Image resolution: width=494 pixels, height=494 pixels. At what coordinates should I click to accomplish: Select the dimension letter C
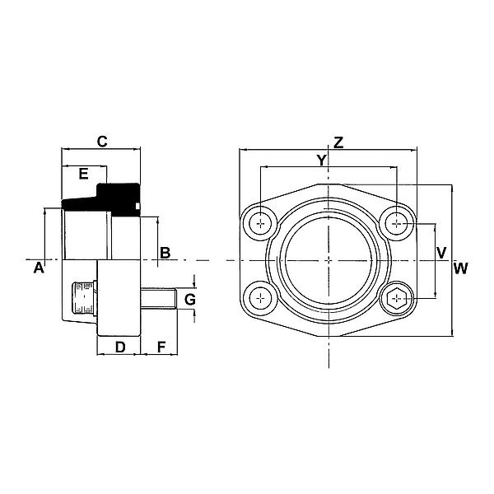[102, 141]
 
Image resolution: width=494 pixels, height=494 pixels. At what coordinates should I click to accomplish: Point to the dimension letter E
[82, 174]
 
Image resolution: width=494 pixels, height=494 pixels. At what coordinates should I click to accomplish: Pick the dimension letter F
[161, 347]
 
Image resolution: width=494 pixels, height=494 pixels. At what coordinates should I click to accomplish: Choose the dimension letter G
[189, 298]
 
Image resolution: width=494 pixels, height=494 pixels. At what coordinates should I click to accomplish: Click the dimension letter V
[441, 252]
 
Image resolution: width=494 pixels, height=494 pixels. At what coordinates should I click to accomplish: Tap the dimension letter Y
[322, 159]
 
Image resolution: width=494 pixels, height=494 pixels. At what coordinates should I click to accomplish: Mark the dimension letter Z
[338, 141]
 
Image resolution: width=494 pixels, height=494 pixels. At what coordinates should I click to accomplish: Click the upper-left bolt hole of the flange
[263, 222]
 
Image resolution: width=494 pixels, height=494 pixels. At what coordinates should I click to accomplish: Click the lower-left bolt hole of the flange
[263, 296]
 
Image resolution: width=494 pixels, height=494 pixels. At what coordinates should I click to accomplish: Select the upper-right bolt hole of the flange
[398, 222]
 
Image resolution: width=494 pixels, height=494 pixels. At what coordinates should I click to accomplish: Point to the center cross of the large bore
[329, 260]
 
